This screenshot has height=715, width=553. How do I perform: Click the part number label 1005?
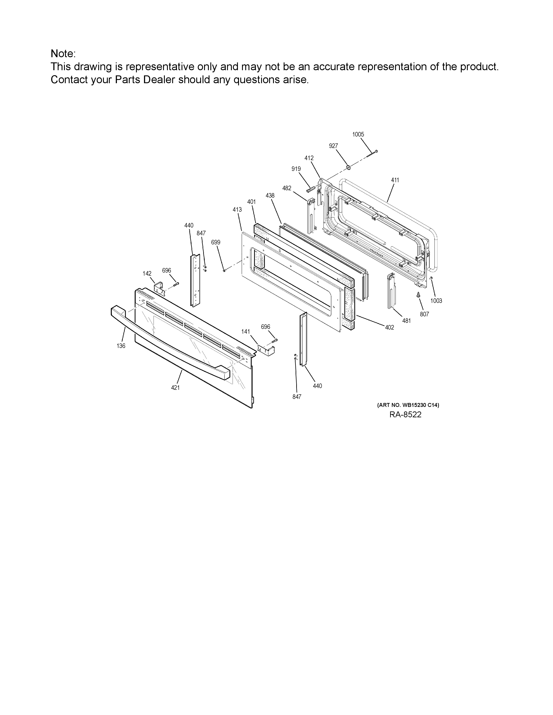[358, 134]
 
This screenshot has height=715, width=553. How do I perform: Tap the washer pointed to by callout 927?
[348, 168]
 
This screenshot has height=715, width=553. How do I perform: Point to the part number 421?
[175, 388]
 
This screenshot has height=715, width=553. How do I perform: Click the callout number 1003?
[436, 301]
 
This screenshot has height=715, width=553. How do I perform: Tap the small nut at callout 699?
[224, 270]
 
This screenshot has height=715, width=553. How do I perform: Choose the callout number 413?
[237, 210]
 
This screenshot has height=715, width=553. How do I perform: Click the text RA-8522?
[405, 415]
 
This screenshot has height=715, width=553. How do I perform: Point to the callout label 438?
[270, 195]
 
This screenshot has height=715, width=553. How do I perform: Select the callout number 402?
[389, 327]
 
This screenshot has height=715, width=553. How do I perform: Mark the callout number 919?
[296, 169]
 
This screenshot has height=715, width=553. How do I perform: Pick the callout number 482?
[287, 188]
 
